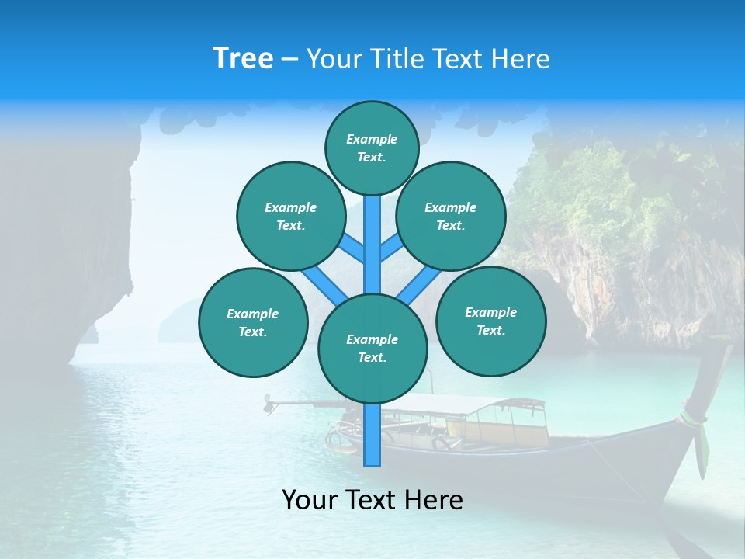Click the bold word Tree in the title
[242, 59]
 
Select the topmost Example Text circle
[372, 148]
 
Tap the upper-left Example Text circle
[291, 216]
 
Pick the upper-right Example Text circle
[451, 216]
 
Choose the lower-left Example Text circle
[253, 322]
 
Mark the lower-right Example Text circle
[490, 321]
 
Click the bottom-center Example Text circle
[372, 348]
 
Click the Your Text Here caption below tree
[372, 500]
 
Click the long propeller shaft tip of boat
[269, 404]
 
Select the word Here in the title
[519, 59]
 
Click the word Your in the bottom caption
[309, 500]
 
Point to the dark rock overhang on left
[62, 233]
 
